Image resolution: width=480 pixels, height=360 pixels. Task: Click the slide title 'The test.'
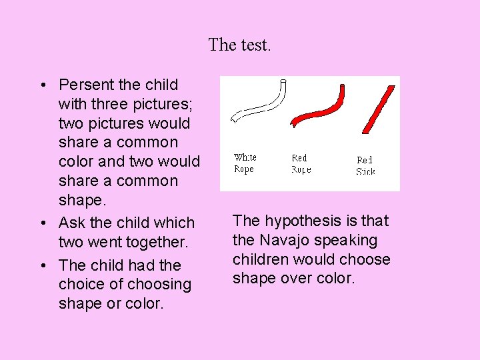click(x=240, y=45)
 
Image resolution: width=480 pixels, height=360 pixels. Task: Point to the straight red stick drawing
click(x=377, y=109)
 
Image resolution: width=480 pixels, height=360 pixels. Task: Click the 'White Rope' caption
click(x=245, y=163)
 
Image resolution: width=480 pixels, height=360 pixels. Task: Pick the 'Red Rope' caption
click(x=301, y=164)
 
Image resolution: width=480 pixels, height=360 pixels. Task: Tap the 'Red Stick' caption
click(x=365, y=165)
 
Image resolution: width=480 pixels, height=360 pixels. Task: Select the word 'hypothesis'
click(x=299, y=221)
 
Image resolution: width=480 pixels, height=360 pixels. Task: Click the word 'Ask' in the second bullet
click(x=71, y=223)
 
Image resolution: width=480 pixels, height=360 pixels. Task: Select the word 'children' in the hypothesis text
click(x=261, y=259)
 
